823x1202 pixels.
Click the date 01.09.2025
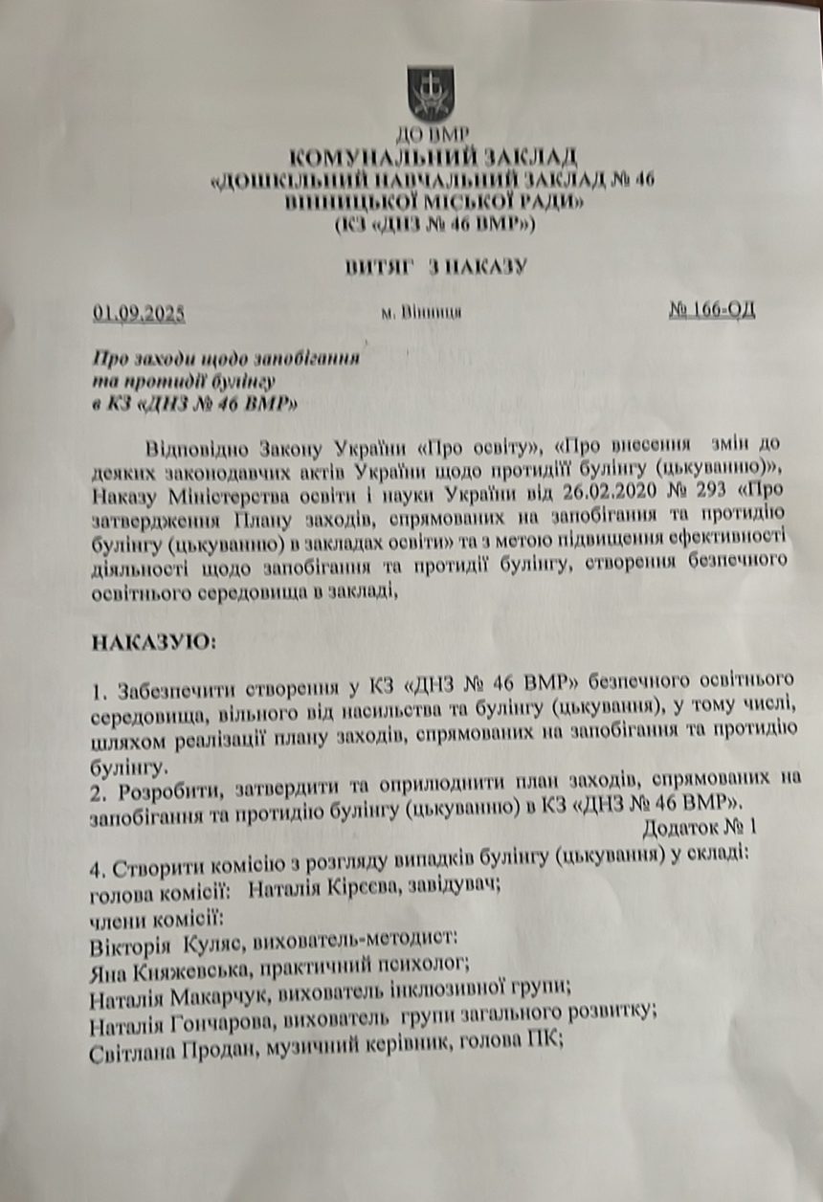pyautogui.click(x=139, y=311)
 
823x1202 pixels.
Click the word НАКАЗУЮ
pyautogui.click(x=152, y=641)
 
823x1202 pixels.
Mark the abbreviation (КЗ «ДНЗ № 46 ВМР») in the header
pyautogui.click(x=434, y=226)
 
